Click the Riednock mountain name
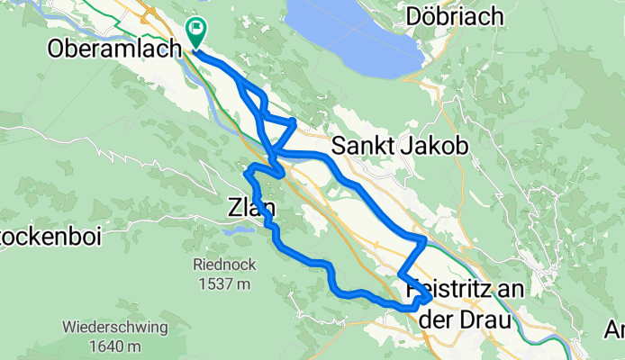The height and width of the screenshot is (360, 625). coord(219,265)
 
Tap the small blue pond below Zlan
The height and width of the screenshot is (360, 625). coord(238,230)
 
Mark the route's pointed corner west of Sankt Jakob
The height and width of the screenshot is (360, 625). coord(294,120)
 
